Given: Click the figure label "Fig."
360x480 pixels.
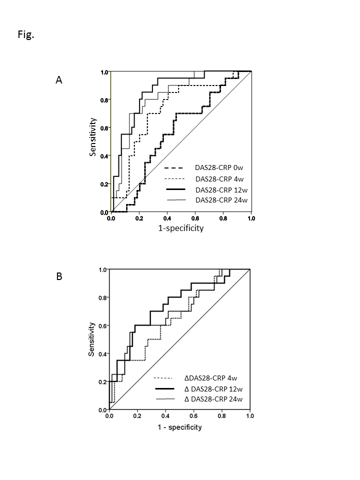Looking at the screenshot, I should click(x=25, y=35).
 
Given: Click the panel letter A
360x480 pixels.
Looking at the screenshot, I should click(x=58, y=79).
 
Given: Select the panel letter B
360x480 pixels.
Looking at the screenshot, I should click(x=58, y=276).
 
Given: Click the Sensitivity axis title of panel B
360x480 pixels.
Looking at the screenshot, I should click(x=92, y=339).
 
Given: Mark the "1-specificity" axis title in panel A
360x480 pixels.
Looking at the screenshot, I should click(x=181, y=228).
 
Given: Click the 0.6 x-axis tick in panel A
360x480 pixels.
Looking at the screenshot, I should click(x=195, y=218).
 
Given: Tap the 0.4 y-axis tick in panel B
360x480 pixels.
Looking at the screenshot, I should click(x=104, y=354).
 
